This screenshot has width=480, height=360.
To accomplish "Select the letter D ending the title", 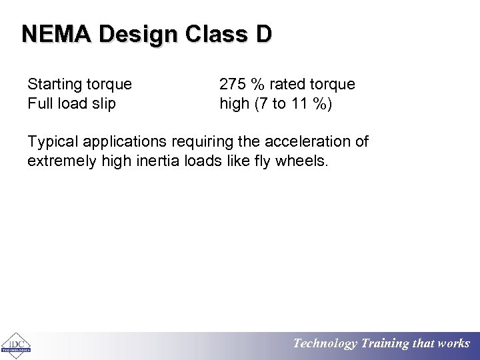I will (x=263, y=34).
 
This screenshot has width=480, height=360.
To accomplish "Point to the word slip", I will (x=103, y=103).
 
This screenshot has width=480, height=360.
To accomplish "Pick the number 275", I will (x=233, y=85).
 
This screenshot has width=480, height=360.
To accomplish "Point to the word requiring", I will (x=204, y=142).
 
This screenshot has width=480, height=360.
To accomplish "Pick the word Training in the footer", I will (x=385, y=344).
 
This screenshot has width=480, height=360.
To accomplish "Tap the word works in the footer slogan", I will (x=453, y=344).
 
